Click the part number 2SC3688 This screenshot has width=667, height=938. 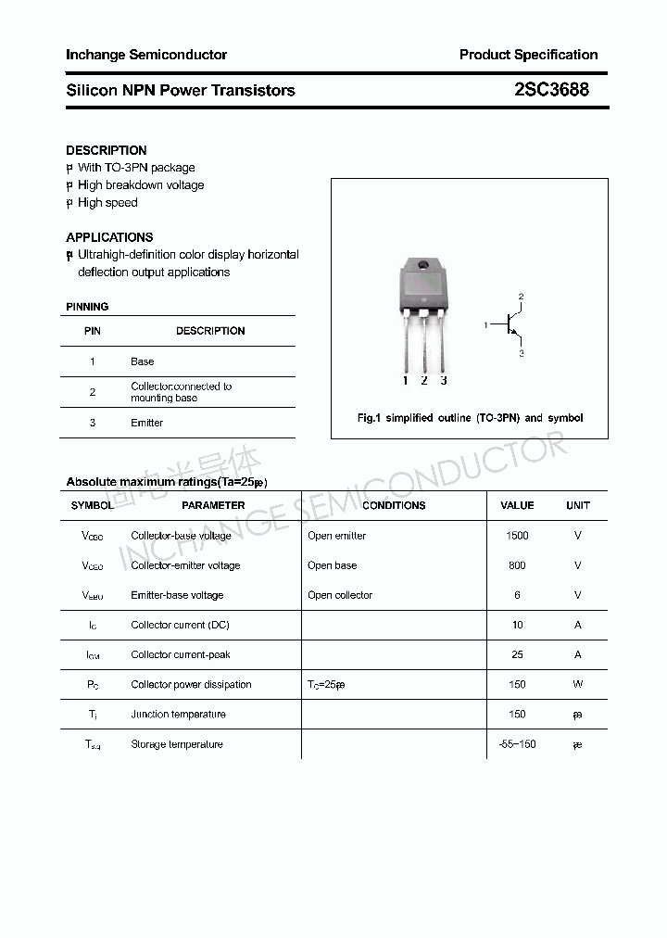coord(551,90)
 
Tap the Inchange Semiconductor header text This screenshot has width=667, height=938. coord(146,55)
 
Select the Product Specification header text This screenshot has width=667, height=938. coord(528,55)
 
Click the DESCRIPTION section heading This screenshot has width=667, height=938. coord(107,150)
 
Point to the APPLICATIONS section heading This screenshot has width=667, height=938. coord(109,237)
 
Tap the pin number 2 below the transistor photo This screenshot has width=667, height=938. coord(424,380)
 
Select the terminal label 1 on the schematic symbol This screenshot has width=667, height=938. coord(485,325)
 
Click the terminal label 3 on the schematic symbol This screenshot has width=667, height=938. coord(521,353)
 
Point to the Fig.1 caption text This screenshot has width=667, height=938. coord(470,418)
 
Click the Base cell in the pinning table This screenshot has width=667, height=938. coord(143,361)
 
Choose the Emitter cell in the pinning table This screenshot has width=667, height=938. coord(146,423)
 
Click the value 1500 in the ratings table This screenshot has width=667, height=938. coord(517,536)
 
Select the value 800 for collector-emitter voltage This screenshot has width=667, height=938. coord(517,565)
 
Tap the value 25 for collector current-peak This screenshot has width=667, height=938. coord(517,654)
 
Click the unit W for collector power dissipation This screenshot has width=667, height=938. coord(577,684)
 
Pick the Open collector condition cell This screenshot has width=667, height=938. coord(340,595)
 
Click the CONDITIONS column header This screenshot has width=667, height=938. coord(394,505)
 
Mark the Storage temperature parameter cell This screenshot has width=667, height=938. coord(177,744)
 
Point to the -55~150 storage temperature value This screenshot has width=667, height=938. coord(517,744)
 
